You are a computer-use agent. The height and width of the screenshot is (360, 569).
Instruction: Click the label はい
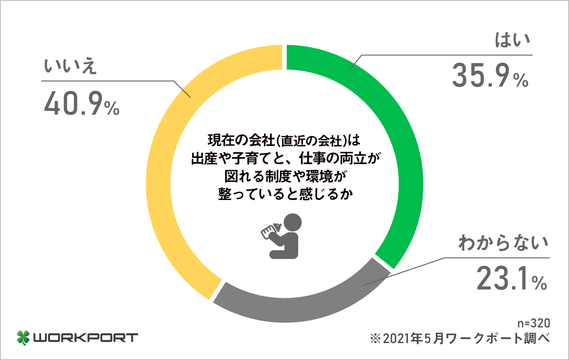pyautogui.click(x=513, y=40)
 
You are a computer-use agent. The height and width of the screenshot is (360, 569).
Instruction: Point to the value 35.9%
pyautogui.click(x=489, y=76)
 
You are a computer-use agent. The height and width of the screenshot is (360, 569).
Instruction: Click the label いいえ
pyautogui.click(x=70, y=66)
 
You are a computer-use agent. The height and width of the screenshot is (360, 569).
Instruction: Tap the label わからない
pyautogui.click(x=503, y=243)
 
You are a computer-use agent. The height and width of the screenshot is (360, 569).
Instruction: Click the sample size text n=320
pyautogui.click(x=534, y=323)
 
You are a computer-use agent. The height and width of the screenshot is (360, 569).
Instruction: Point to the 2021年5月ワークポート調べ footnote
pyautogui.click(x=460, y=339)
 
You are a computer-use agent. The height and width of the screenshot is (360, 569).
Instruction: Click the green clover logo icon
pyautogui.click(x=23, y=337)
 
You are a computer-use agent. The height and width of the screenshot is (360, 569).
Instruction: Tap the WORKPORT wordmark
pyautogui.click(x=85, y=338)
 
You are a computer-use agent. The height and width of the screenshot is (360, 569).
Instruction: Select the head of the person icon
pyautogui.click(x=292, y=223)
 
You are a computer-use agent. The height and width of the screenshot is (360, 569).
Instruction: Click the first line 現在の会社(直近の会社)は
pyautogui.click(x=284, y=141)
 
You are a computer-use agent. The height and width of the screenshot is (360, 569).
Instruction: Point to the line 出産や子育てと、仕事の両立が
pyautogui.click(x=284, y=158)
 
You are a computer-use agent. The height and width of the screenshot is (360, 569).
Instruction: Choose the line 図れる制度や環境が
pyautogui.click(x=284, y=176)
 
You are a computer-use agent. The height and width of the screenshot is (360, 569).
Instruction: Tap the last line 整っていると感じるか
pyautogui.click(x=284, y=194)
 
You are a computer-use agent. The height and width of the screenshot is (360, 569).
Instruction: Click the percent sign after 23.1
pyautogui.click(x=539, y=283)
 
